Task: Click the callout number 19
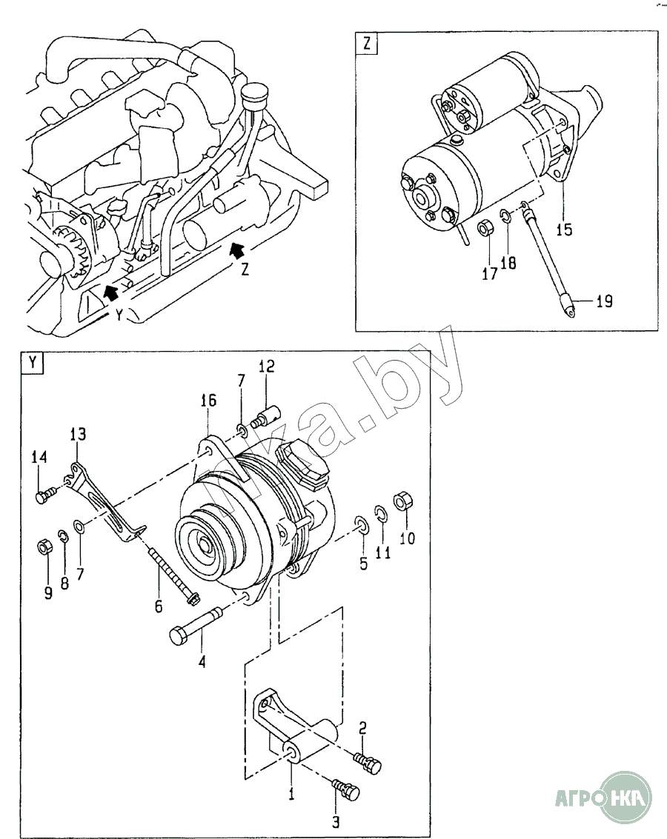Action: [604, 301]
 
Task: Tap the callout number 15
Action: [564, 230]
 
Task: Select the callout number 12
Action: [266, 366]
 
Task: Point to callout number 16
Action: [208, 400]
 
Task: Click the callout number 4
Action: [202, 662]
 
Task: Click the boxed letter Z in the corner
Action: [367, 44]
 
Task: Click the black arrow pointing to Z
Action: [238, 250]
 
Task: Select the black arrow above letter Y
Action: [110, 291]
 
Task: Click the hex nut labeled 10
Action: [402, 501]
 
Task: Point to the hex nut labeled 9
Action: [44, 546]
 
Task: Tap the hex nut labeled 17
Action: [485, 228]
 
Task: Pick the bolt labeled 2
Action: [368, 762]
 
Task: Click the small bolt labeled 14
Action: [45, 495]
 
